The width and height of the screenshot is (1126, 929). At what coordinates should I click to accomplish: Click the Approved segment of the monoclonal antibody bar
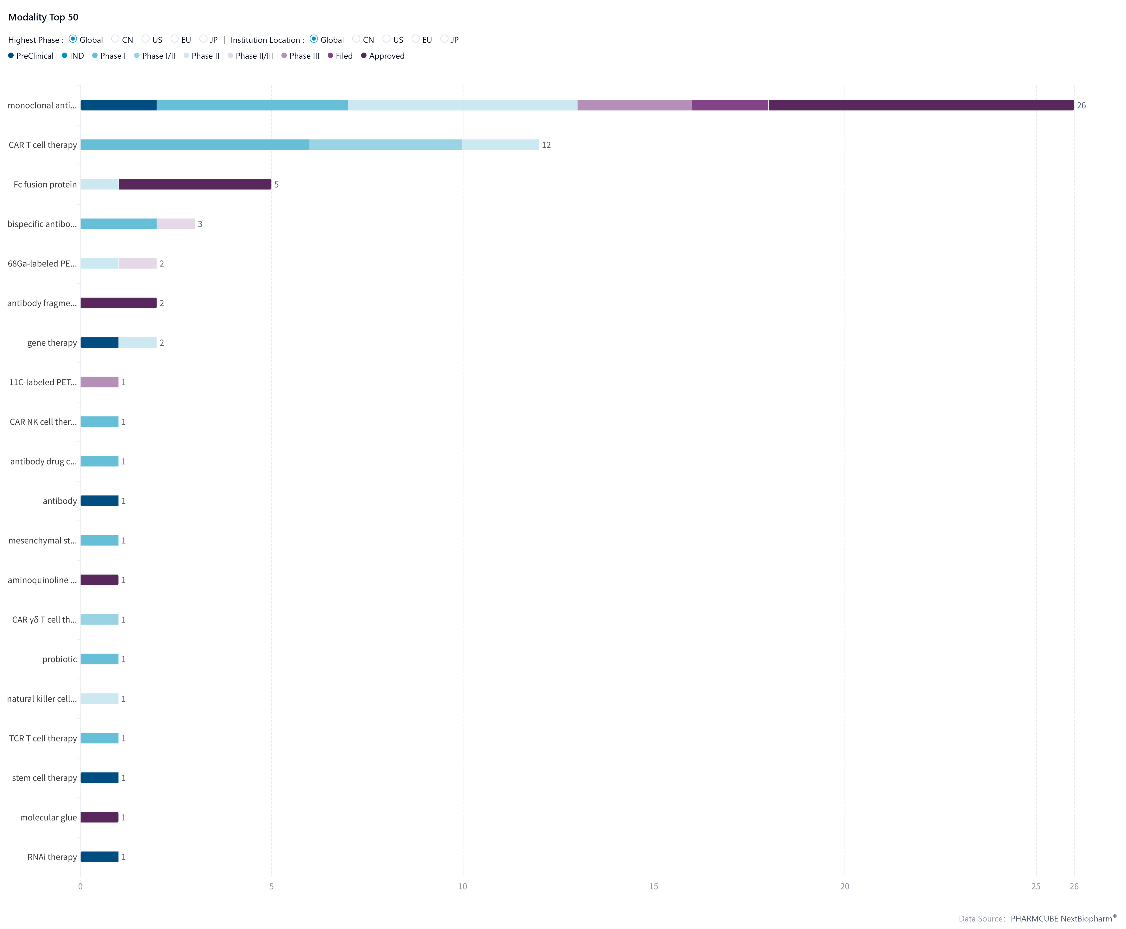click(x=921, y=105)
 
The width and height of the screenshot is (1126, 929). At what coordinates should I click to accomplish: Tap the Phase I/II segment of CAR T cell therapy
click(x=386, y=145)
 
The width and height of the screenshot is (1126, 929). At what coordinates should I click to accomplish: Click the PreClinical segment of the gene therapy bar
click(x=100, y=342)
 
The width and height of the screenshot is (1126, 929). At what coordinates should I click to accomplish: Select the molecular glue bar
click(x=100, y=817)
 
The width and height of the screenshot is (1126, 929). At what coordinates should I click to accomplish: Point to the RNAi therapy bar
click(x=100, y=857)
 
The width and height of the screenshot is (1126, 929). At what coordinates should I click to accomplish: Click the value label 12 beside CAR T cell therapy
click(x=546, y=145)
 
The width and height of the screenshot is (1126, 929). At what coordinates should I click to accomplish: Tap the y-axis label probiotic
click(x=59, y=659)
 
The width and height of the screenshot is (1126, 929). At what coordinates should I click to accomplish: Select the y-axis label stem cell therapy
click(x=44, y=778)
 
